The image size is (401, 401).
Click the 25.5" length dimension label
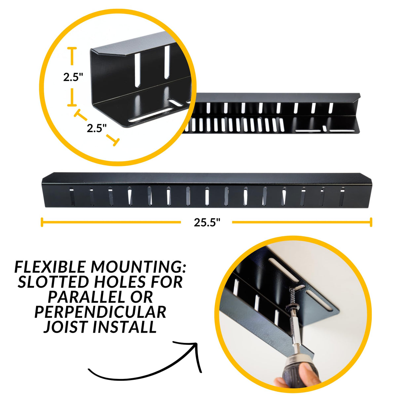[x=207, y=223]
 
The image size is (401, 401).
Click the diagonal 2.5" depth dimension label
[x=96, y=128]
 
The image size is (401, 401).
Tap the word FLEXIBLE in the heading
[x=50, y=267]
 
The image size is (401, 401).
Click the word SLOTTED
[x=53, y=282]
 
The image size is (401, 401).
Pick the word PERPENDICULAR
[x=100, y=312]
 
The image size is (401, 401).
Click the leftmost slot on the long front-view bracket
[x=72, y=197]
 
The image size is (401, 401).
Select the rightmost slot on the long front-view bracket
[x=342, y=197]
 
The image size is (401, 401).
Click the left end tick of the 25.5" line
[x=42, y=222]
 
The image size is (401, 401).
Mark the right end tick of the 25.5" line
[x=371, y=222]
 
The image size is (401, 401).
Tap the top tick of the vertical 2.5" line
[x=72, y=49]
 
